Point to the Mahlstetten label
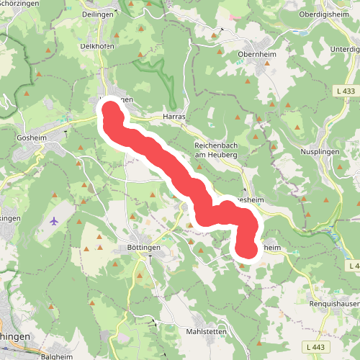point(207,331)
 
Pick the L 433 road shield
point(345,91)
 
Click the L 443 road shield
point(315,348)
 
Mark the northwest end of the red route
point(111,112)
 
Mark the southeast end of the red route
point(247,248)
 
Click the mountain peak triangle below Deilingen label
point(141,30)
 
